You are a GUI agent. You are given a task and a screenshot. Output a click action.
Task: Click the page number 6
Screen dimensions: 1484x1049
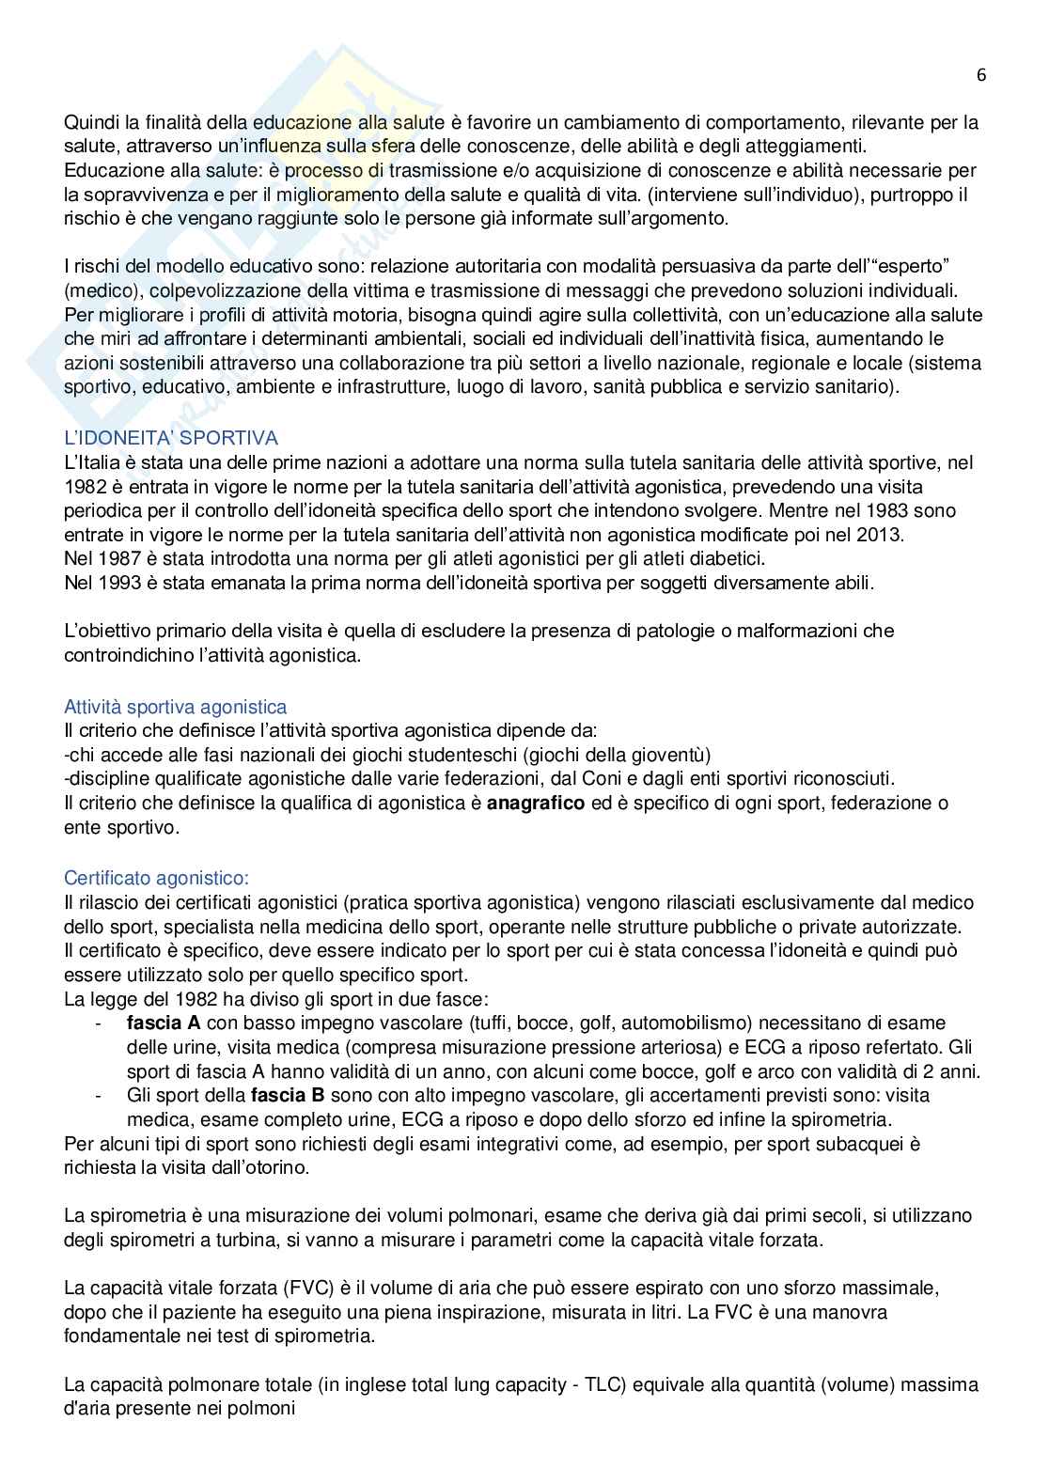pos(981,76)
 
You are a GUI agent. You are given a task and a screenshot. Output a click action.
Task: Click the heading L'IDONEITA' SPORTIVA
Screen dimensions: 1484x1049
pos(170,438)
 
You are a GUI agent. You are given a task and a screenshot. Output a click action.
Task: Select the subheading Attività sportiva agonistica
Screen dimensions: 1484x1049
pos(175,707)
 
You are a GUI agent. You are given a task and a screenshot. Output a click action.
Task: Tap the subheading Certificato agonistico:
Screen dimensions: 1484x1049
pos(156,878)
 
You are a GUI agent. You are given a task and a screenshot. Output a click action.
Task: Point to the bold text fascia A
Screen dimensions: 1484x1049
pos(164,1023)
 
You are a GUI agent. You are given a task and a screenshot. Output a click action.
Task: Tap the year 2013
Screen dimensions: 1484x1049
pos(883,535)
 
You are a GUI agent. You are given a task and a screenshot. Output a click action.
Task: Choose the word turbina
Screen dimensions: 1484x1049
pos(256,1240)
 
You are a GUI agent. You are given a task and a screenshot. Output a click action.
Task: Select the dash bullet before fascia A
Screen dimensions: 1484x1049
pos(100,1023)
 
